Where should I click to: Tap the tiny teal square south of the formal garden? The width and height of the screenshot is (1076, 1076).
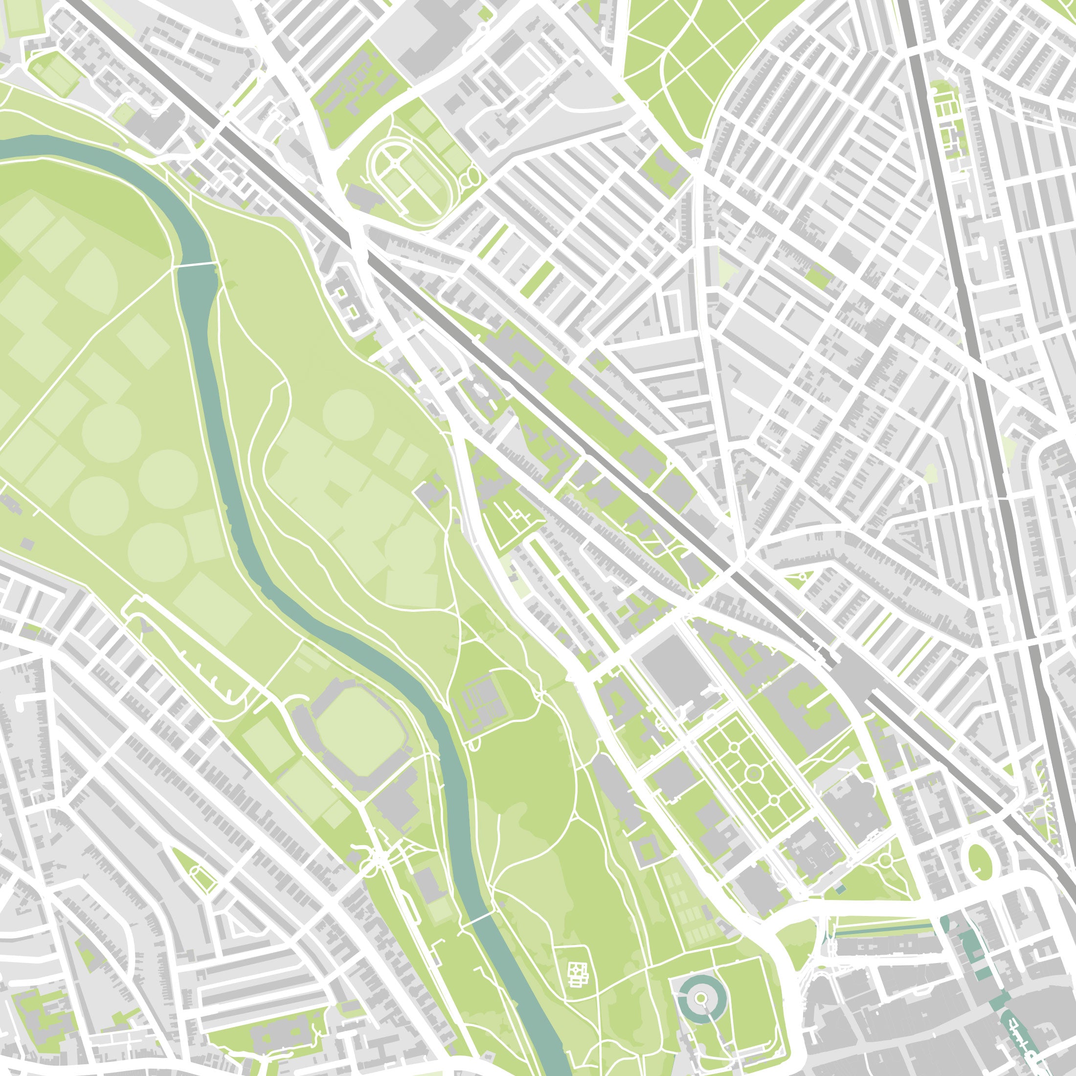840,889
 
